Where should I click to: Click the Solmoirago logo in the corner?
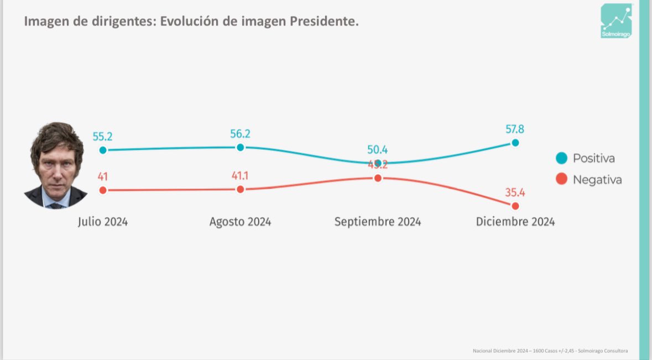coord(616,20)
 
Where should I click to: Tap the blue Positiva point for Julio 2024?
coord(102,150)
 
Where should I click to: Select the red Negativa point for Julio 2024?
coord(102,190)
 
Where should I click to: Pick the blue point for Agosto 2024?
coord(240,147)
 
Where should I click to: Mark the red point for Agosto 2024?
coord(240,189)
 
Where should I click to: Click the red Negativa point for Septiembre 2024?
coord(378,178)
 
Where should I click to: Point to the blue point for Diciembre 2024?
coord(515,142)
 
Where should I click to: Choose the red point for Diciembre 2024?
coord(515,206)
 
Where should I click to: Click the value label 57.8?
coord(514,129)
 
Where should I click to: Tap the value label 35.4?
coord(514,193)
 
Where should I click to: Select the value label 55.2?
coord(103,137)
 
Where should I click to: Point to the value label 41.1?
coord(240,176)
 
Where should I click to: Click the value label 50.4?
coord(377,149)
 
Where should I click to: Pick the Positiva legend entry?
coord(586,159)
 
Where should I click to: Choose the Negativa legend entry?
coord(589,180)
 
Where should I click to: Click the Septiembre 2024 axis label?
coord(377,222)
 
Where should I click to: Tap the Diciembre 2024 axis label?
coord(515,222)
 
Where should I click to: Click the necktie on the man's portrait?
coord(56,205)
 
